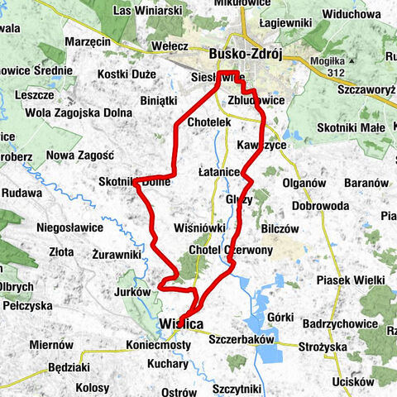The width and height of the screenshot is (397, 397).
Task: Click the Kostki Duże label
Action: [127, 74]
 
